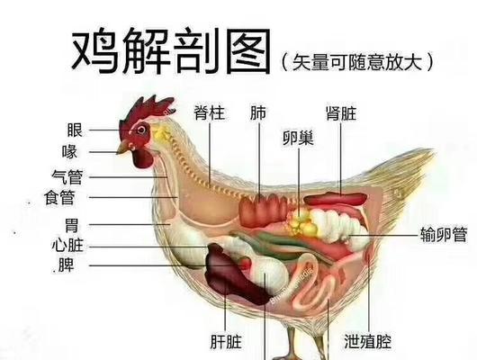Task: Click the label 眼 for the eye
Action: pos(75,130)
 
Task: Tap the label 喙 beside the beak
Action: pos(69,152)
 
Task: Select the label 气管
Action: pos(67,177)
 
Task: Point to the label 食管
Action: pos(59,197)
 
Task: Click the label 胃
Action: pos(72,226)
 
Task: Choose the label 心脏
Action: pos(67,246)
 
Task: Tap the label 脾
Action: pos(67,265)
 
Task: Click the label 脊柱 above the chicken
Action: pos(210,112)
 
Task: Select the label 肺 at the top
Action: pos(258,112)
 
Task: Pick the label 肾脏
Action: pos(341,113)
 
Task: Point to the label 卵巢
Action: pos(298,139)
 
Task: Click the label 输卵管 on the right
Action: pos(444,235)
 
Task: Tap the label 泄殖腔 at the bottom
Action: pos(368,341)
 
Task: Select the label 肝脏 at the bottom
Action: pos(226,341)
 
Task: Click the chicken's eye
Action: pos(141,130)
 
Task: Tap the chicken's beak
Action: pos(122,148)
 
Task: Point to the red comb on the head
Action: pos(146,110)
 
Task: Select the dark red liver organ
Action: pos(234,275)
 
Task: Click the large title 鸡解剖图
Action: pos(171,51)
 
